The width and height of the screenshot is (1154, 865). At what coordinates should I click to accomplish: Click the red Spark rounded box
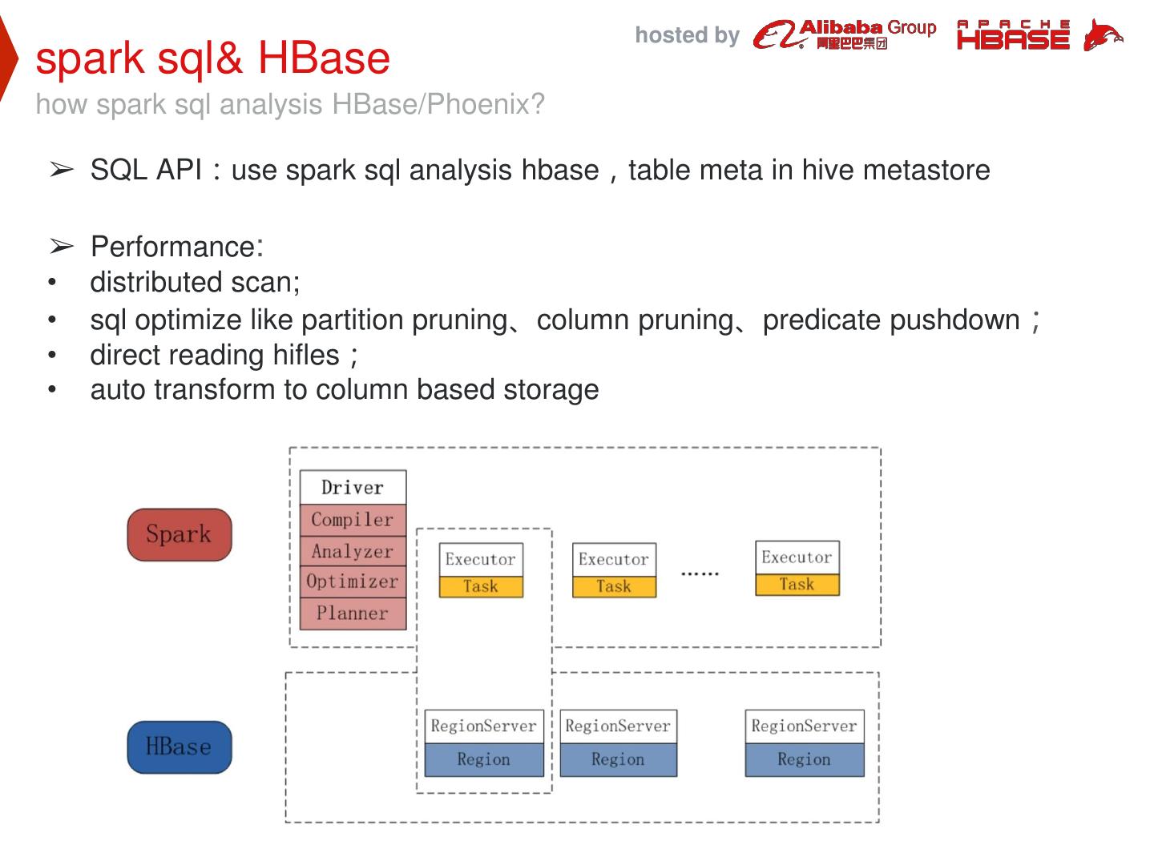[x=179, y=534]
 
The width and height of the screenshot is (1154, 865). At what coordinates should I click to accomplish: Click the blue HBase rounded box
[x=179, y=747]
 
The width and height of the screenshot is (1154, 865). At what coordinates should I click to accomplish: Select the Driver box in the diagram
[x=353, y=487]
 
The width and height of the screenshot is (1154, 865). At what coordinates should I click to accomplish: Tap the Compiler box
[x=353, y=520]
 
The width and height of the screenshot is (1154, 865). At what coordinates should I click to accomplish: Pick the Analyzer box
[x=353, y=551]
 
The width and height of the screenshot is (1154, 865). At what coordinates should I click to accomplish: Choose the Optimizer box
[x=353, y=581]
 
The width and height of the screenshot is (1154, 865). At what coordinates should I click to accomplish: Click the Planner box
[x=353, y=614]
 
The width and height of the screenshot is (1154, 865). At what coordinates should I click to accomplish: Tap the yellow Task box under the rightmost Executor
[x=797, y=585]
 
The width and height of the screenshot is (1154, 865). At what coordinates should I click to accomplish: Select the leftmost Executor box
[x=480, y=559]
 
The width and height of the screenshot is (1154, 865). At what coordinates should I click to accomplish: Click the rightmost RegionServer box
[x=804, y=726]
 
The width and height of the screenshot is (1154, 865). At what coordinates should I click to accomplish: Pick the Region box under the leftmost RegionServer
[x=483, y=759]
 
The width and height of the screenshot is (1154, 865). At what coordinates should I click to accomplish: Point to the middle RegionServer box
[x=617, y=726]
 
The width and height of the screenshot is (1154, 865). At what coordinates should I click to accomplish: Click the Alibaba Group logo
[x=845, y=34]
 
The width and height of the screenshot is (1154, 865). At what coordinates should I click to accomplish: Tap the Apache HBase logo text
[x=1013, y=35]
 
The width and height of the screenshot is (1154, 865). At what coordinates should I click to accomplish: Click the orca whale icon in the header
[x=1102, y=35]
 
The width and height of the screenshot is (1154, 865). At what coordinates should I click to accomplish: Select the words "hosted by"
[x=687, y=35]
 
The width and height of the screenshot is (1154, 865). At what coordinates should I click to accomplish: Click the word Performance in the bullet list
[x=173, y=247]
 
